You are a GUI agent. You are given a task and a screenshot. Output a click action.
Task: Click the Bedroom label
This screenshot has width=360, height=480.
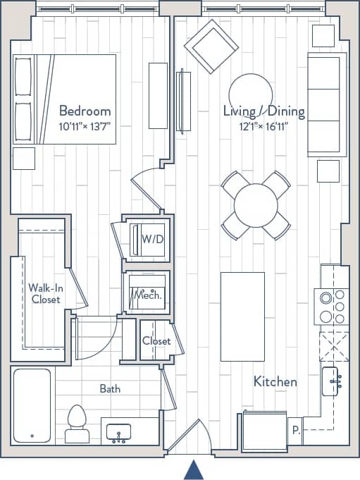point(85,111)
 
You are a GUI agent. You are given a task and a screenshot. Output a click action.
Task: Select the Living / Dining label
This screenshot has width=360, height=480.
point(263,111)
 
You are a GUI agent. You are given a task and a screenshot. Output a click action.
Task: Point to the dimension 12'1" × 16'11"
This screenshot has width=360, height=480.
point(263,126)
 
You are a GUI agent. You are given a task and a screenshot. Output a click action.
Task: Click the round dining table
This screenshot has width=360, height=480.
point(256,205)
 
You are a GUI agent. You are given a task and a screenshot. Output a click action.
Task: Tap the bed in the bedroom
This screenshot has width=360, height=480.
point(64,99)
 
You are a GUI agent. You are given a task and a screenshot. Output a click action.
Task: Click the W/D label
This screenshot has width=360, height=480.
point(152,239)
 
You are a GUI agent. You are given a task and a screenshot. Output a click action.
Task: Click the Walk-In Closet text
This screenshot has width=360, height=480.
point(45,293)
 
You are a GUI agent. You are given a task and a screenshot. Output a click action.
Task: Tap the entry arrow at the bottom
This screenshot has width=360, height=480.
point(194,470)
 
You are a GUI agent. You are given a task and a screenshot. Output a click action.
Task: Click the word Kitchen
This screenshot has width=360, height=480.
point(275,381)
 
